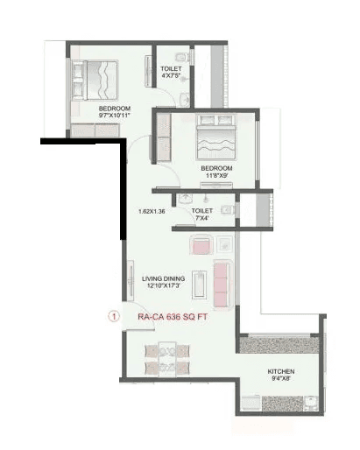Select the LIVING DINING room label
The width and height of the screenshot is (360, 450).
[x=164, y=278]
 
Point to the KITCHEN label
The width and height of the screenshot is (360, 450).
[x=281, y=372]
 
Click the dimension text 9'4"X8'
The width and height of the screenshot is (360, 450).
[x=281, y=380]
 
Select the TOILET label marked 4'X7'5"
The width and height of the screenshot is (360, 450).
[x=171, y=68]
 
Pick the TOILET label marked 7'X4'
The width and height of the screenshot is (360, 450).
[x=202, y=210]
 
